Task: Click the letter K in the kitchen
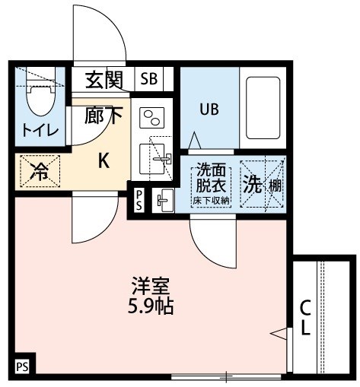105,160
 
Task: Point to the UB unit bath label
209,109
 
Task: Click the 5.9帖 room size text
150,307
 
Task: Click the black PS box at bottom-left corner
22,366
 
